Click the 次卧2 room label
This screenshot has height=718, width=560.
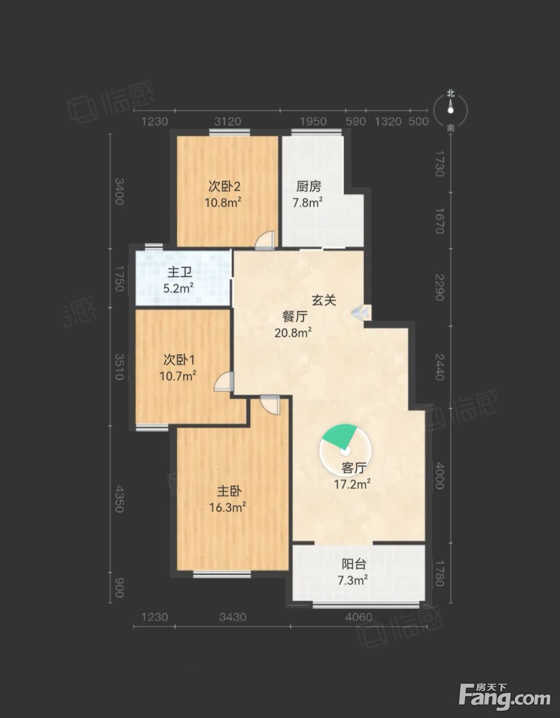click(x=224, y=187)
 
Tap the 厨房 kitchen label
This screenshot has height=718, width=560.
click(x=309, y=187)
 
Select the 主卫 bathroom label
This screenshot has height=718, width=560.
click(x=179, y=272)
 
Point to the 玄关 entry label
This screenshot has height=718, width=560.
click(x=324, y=300)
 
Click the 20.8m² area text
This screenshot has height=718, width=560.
click(x=293, y=332)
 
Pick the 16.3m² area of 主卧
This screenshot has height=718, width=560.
click(x=228, y=507)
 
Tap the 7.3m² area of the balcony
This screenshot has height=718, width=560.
click(x=353, y=580)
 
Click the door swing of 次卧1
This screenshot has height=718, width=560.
click(x=224, y=381)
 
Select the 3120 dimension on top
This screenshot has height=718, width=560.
click(x=228, y=122)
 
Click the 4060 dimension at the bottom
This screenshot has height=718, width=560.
click(x=359, y=617)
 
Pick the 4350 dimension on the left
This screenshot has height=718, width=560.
click(x=119, y=499)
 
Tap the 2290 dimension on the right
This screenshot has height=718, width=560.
click(x=439, y=287)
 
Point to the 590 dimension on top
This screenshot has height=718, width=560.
click(x=356, y=122)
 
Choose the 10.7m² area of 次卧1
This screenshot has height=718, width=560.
click(x=178, y=375)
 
